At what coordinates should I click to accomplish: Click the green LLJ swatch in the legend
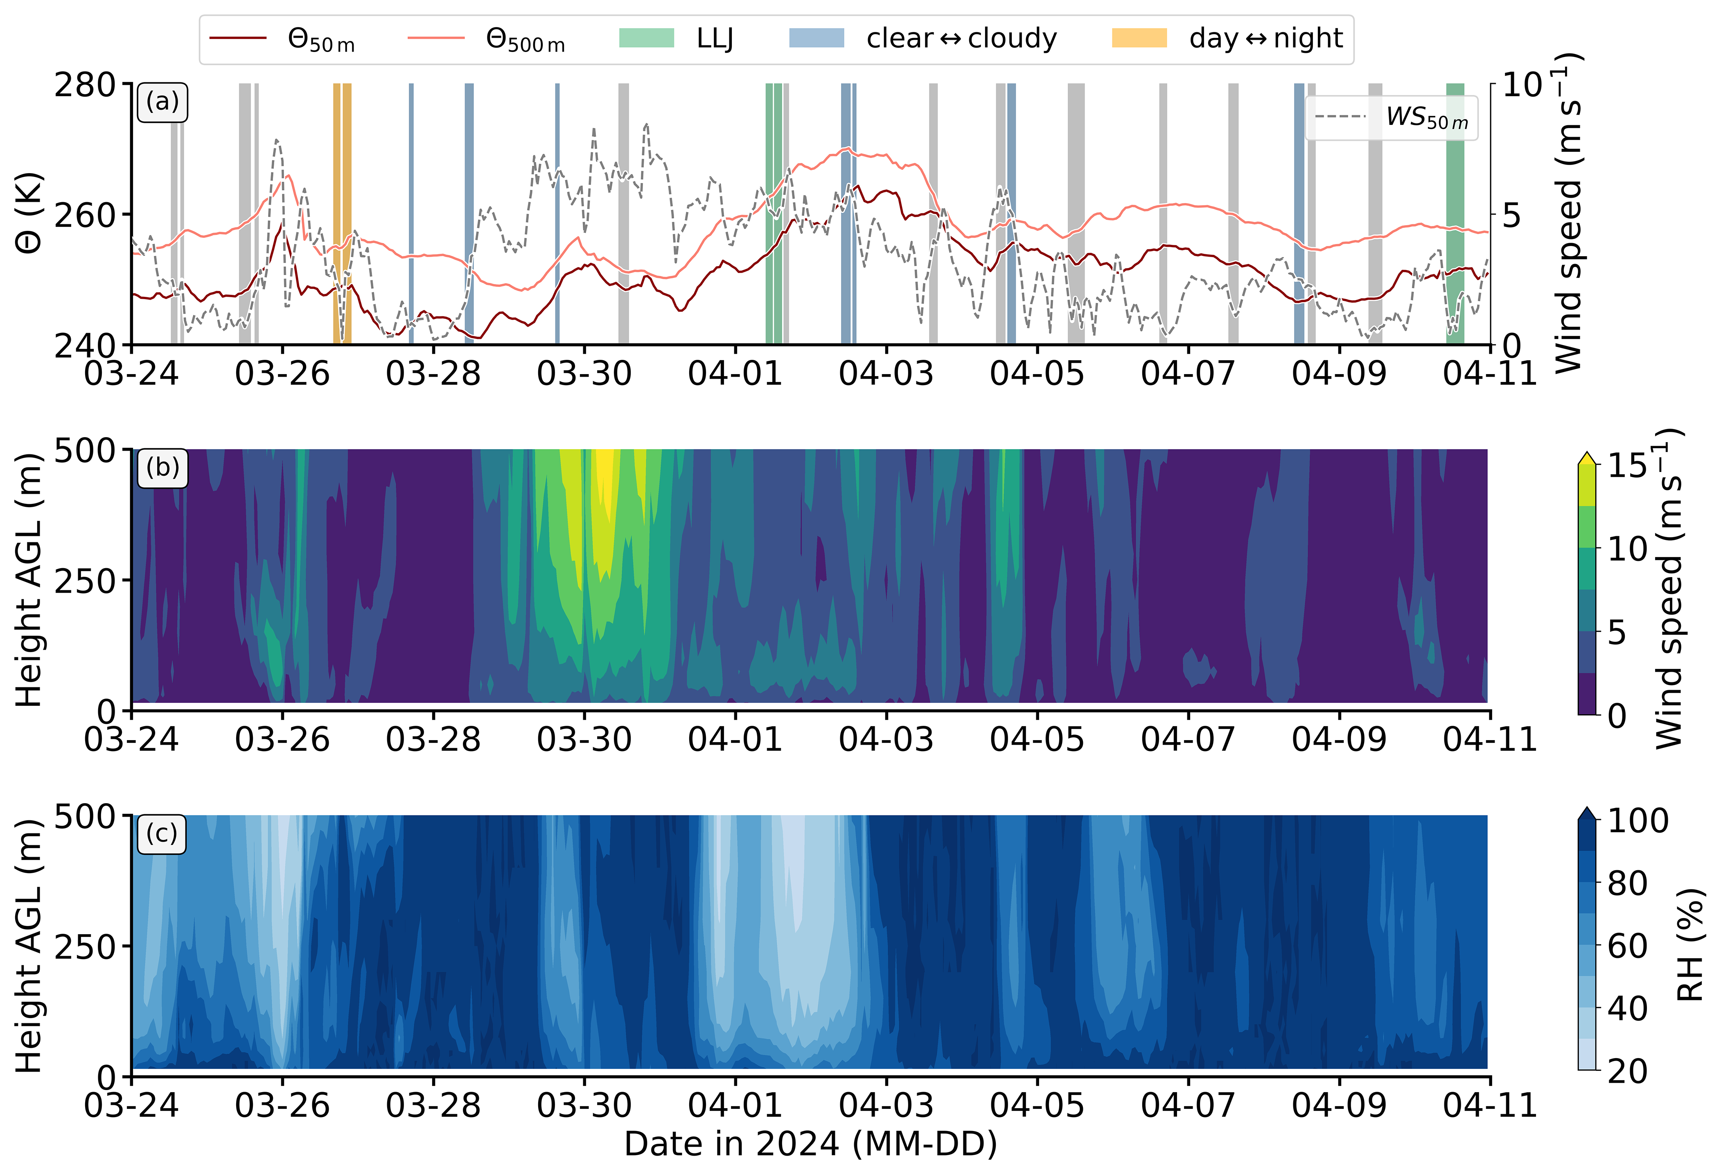click(x=647, y=38)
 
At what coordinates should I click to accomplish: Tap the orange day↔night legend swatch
click(x=1139, y=38)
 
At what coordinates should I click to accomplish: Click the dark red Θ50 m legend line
click(x=238, y=38)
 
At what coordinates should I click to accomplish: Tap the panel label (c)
click(x=162, y=833)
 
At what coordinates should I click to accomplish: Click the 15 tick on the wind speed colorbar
click(x=1627, y=466)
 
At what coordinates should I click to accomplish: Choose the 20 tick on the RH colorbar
click(x=1627, y=1071)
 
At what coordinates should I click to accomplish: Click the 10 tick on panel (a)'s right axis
click(x=1522, y=85)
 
